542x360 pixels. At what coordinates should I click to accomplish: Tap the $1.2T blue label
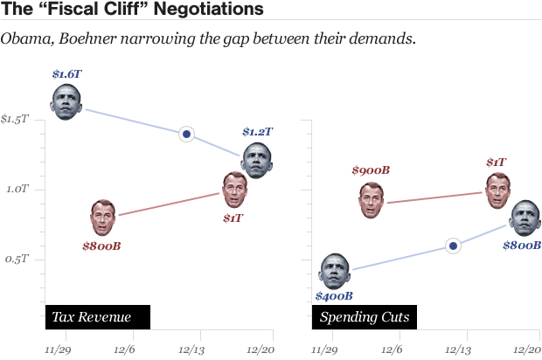click(x=257, y=132)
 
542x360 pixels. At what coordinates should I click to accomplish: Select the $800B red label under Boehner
click(x=101, y=246)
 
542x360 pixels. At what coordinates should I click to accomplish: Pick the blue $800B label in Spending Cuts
click(x=522, y=246)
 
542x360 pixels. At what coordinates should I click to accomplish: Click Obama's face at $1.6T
click(x=66, y=102)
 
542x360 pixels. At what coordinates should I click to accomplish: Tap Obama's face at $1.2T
click(x=256, y=160)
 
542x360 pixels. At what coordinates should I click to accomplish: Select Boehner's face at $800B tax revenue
click(x=102, y=217)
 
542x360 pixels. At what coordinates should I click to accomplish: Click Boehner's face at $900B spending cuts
click(x=372, y=201)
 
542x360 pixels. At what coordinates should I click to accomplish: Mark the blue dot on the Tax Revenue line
click(x=186, y=134)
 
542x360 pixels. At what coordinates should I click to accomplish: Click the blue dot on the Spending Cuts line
click(x=453, y=246)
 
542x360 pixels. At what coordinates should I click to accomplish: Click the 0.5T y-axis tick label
click(x=17, y=260)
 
